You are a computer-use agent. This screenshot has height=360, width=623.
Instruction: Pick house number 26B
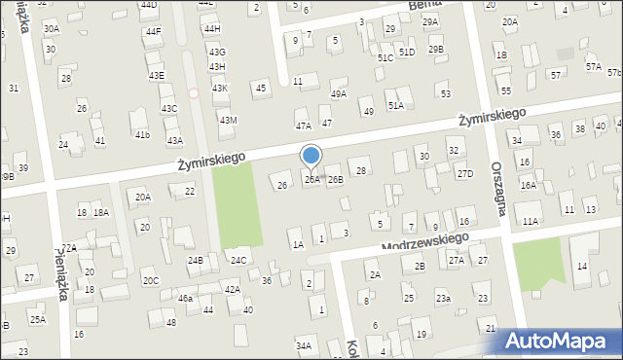pyautogui.click(x=335, y=180)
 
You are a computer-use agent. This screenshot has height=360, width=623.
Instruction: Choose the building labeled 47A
pyautogui.click(x=304, y=126)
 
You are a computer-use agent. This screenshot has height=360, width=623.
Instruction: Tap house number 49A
pyautogui.click(x=338, y=94)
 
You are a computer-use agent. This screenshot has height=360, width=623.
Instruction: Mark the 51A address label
pyautogui.click(x=395, y=105)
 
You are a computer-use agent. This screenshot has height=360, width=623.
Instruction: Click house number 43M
pyautogui.click(x=228, y=120)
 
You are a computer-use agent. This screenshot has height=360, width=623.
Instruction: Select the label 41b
pyautogui.click(x=142, y=134)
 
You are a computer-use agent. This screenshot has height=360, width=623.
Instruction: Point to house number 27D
pyautogui.click(x=465, y=174)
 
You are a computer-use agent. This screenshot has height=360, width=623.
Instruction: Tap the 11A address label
pyautogui.click(x=531, y=222)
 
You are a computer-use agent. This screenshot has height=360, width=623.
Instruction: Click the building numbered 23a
pyautogui.click(x=443, y=299)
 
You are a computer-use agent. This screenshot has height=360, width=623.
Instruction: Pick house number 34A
pyautogui.click(x=304, y=345)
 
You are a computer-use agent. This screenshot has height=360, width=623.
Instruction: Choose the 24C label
pyautogui.click(x=238, y=261)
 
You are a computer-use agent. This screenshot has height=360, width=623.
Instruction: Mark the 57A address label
pyautogui.click(x=593, y=66)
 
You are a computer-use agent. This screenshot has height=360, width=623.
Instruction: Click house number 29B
pyautogui.click(x=435, y=49)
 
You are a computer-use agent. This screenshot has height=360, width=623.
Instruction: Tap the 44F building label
pyautogui.click(x=153, y=31)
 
